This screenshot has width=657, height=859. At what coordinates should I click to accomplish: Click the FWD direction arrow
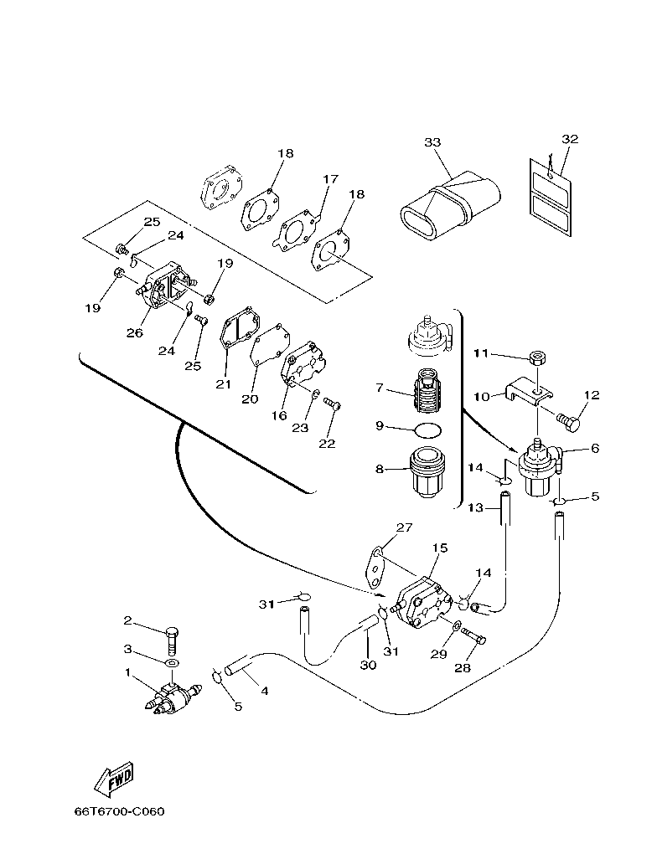click(x=112, y=779)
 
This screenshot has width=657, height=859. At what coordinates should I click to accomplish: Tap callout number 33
click(x=432, y=142)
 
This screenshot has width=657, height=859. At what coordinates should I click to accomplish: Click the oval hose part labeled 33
click(x=450, y=206)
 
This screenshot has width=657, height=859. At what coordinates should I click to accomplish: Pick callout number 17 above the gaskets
click(x=330, y=179)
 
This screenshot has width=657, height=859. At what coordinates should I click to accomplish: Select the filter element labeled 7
click(x=428, y=392)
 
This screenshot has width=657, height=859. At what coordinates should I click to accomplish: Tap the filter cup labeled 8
click(x=428, y=472)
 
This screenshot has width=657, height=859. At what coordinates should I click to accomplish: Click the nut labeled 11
click(x=539, y=359)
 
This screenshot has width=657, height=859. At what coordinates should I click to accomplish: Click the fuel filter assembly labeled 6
click(x=535, y=469)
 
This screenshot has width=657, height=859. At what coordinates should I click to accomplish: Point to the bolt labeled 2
click(x=173, y=643)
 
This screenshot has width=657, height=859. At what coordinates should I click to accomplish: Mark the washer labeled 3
click(x=171, y=664)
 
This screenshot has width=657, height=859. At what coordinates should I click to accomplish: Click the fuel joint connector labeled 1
click(x=172, y=697)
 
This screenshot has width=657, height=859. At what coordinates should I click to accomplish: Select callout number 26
click(x=134, y=332)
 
